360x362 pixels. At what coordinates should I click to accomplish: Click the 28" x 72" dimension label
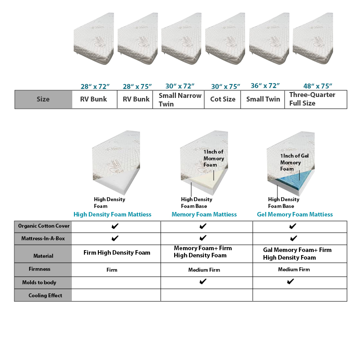(95, 87)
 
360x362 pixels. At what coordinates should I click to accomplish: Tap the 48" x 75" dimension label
(317, 86)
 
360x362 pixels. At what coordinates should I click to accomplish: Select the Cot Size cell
(223, 99)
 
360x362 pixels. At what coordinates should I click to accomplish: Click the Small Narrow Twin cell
(179, 100)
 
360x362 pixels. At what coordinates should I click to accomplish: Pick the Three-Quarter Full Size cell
(316, 99)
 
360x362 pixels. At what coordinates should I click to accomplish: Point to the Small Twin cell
(263, 99)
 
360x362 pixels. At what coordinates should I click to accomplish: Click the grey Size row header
(44, 99)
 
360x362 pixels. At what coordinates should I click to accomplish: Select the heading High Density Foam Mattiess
(112, 215)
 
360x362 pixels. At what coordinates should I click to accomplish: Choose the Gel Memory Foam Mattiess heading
(295, 215)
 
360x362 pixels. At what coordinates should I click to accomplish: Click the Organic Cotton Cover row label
(44, 226)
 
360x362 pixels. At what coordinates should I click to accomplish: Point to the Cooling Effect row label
(45, 296)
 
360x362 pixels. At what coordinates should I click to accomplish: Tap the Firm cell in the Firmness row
(112, 270)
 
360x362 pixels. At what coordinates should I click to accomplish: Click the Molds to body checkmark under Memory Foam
(203, 282)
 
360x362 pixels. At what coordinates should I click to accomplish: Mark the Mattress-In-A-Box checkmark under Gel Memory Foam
(294, 238)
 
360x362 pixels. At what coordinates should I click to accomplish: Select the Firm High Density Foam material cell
(117, 253)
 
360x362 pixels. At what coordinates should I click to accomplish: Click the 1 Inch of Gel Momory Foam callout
(294, 162)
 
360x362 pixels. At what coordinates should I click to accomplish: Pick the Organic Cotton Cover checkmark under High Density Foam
(115, 226)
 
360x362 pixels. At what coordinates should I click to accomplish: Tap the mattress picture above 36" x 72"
(269, 39)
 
